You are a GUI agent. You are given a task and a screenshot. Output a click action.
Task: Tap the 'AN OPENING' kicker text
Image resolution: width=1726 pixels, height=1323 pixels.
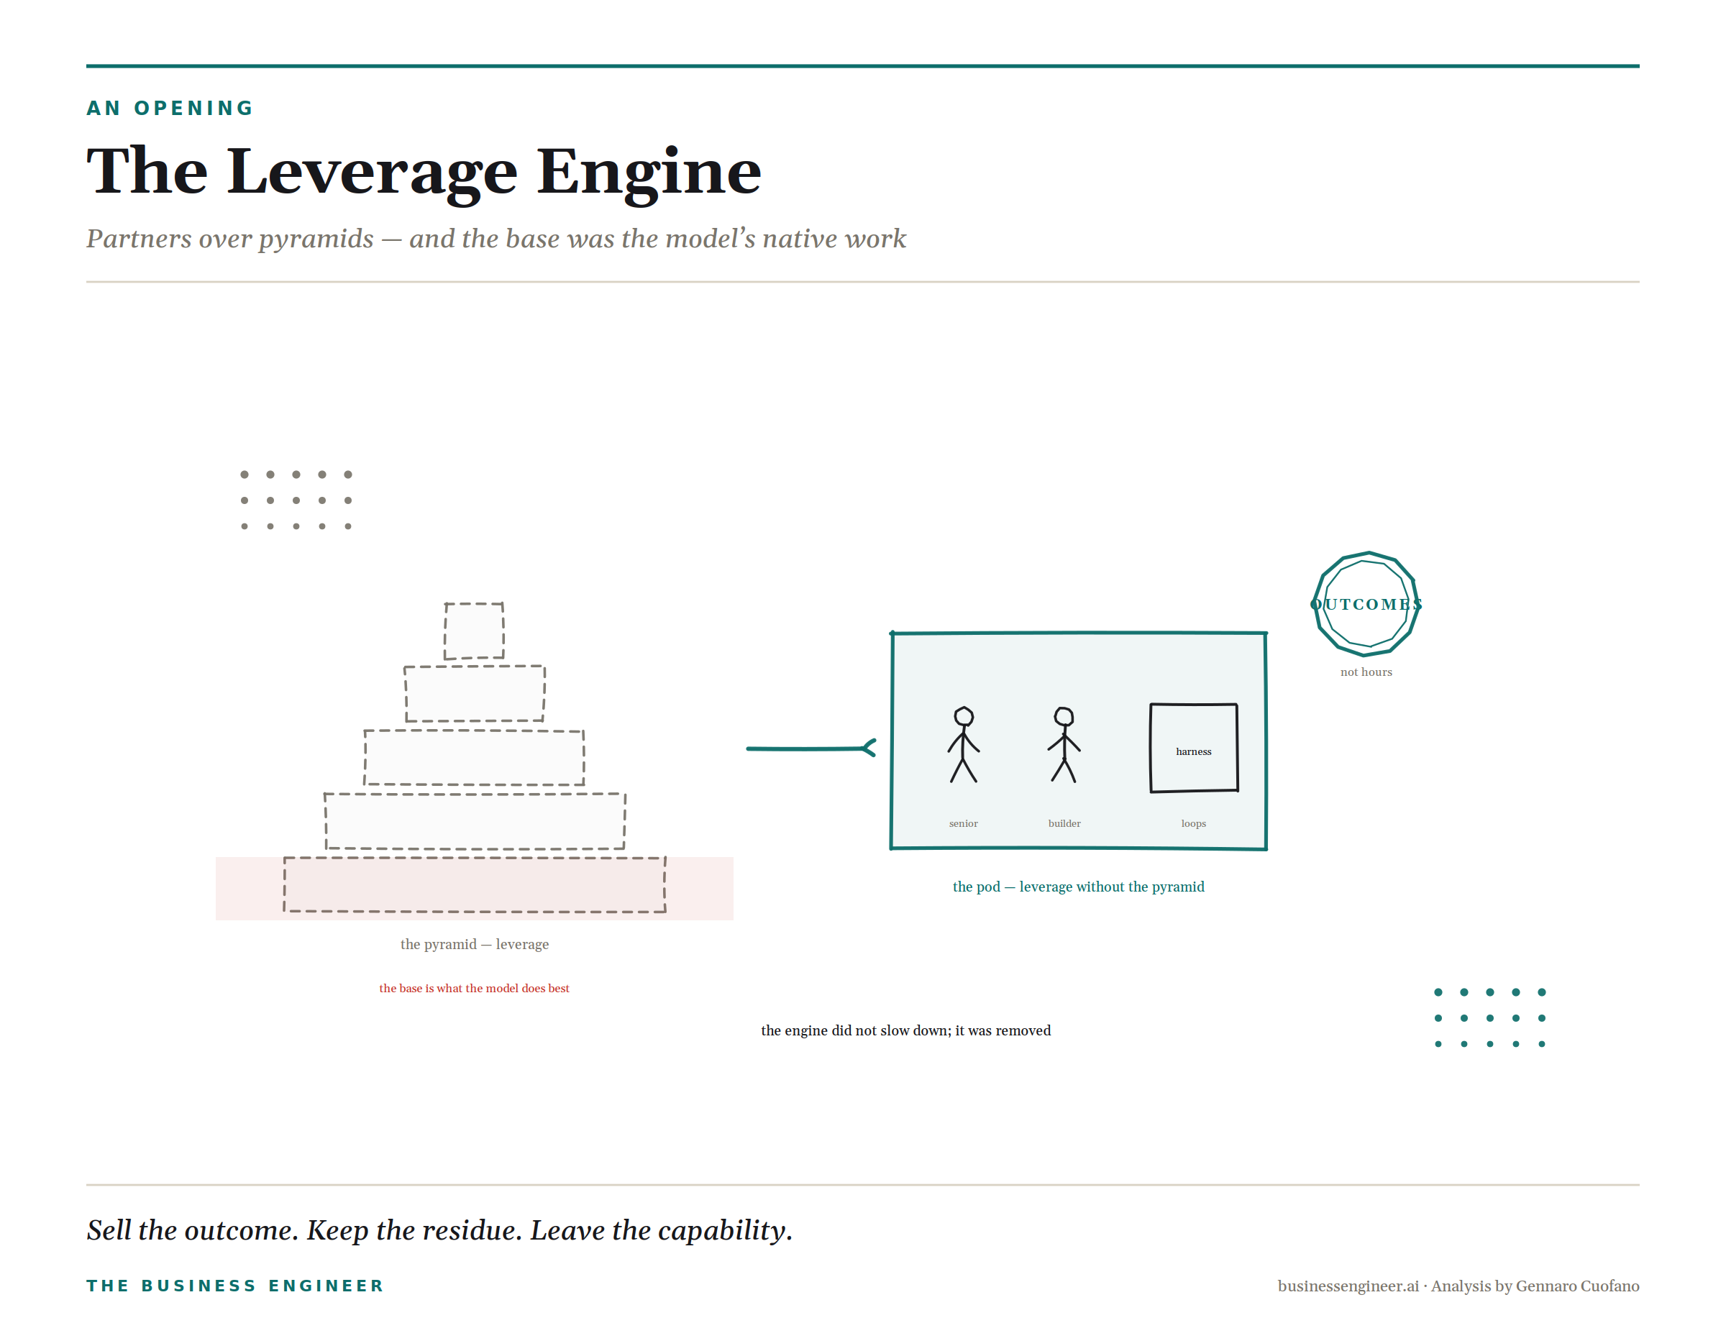click(x=170, y=108)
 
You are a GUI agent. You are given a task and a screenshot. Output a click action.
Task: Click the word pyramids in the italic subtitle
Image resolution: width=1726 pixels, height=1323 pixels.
click(x=316, y=239)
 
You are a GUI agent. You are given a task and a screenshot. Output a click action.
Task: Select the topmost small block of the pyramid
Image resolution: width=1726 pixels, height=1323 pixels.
click(x=474, y=631)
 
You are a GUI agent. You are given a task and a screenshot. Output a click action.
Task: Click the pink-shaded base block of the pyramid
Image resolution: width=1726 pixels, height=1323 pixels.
click(x=474, y=884)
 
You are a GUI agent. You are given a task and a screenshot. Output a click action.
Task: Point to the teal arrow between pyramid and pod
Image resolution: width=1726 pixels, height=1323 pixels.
click(x=811, y=748)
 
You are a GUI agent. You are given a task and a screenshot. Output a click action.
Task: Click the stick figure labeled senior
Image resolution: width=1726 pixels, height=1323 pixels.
click(x=964, y=745)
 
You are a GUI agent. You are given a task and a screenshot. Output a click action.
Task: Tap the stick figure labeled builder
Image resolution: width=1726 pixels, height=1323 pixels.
click(x=1064, y=745)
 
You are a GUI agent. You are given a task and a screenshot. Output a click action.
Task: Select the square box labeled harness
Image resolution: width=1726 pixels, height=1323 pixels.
click(x=1194, y=748)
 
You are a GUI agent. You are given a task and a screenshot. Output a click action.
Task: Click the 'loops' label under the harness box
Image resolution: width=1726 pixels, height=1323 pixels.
click(x=1194, y=824)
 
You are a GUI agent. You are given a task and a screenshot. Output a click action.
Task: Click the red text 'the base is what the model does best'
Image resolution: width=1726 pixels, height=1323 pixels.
click(x=474, y=989)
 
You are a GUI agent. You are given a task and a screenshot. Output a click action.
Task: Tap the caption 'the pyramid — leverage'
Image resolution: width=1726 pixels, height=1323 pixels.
click(x=474, y=944)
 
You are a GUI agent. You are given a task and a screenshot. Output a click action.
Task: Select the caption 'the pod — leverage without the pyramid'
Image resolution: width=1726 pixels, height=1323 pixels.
click(x=1079, y=887)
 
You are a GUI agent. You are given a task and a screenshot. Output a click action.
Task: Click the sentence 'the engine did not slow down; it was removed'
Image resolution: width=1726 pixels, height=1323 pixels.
click(x=906, y=1031)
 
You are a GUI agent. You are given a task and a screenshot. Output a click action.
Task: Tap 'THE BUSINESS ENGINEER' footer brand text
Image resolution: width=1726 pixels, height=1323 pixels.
click(x=234, y=1286)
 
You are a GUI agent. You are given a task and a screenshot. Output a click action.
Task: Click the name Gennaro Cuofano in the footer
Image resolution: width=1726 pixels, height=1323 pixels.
click(x=1577, y=1286)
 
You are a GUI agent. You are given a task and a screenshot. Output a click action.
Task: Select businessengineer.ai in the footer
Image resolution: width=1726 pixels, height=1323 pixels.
click(x=1348, y=1286)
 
